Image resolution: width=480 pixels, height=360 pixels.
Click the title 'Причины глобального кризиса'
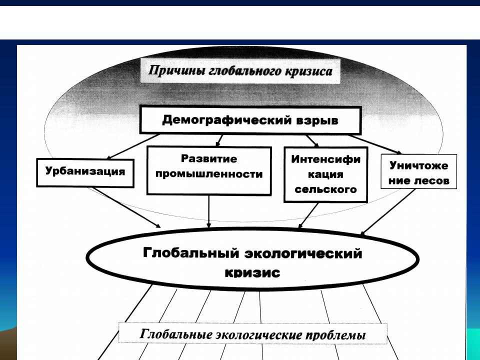[x=240, y=70]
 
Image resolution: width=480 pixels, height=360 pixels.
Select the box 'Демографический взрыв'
[x=250, y=120]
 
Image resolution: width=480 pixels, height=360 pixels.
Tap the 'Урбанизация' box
[x=85, y=172]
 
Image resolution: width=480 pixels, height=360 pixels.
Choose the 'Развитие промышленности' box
[x=209, y=170]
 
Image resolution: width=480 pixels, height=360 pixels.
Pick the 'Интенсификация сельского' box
[x=325, y=174]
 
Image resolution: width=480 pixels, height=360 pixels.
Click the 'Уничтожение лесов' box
[x=418, y=171]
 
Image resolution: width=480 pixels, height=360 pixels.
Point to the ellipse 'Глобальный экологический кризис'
[x=252, y=259]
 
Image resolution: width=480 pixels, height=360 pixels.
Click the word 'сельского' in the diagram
[x=325, y=189]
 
